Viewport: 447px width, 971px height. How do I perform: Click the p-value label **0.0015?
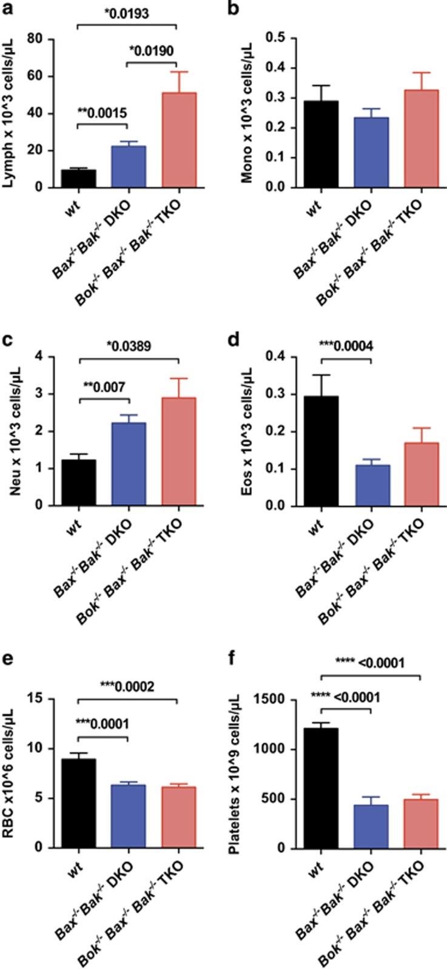coord(102,111)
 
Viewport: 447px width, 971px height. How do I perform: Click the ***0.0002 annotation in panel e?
coord(127,686)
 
